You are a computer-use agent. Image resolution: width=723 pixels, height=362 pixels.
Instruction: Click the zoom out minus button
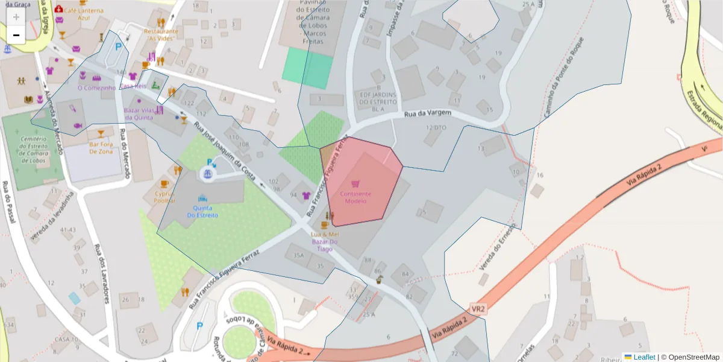click(16, 35)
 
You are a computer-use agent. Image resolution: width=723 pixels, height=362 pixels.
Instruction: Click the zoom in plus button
click(16, 16)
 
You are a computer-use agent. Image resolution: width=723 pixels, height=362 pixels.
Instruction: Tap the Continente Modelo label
click(355, 197)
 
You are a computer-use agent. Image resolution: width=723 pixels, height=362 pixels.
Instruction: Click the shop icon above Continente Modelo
click(355, 183)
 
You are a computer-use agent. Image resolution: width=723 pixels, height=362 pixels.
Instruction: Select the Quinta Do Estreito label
click(202, 211)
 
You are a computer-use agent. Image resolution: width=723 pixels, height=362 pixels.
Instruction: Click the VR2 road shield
click(478, 310)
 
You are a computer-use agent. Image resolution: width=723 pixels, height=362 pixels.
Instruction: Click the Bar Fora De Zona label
click(101, 148)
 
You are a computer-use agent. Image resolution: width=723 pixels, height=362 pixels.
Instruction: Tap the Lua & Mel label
click(325, 233)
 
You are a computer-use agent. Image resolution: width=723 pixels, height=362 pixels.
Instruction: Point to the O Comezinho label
click(96, 88)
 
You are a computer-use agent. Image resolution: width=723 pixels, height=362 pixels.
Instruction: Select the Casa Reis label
click(133, 86)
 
